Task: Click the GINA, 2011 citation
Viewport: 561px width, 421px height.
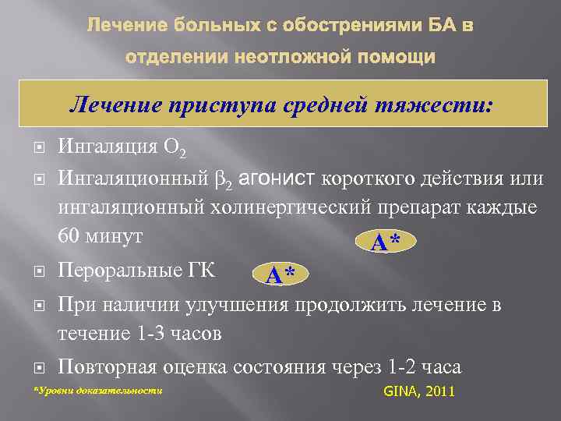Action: click(x=419, y=391)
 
